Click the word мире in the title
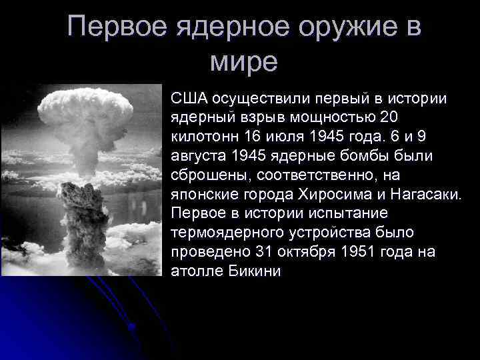point(243,62)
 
